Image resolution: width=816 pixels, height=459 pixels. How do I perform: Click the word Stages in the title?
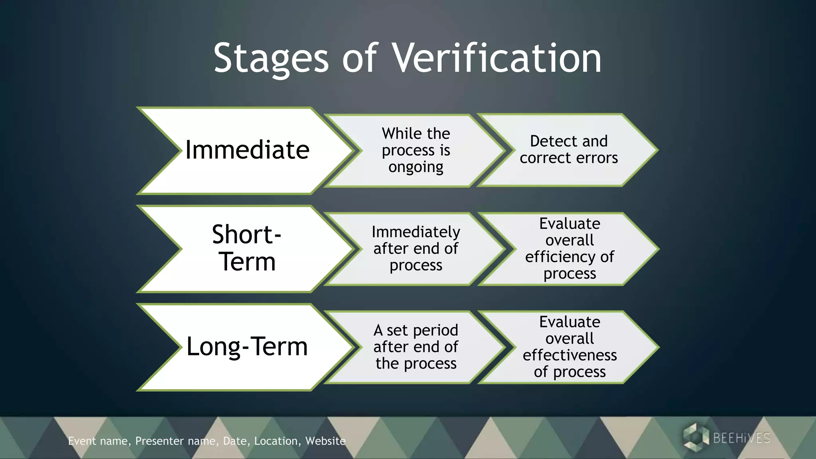[x=271, y=59]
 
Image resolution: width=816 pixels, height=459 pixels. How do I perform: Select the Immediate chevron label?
[x=247, y=150]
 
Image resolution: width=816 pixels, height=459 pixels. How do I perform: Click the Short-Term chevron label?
[x=247, y=248]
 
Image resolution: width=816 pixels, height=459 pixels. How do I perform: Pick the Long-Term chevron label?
[x=247, y=346]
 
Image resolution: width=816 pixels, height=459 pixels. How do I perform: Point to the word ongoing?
[x=416, y=167]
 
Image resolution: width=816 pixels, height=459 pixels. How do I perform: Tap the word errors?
[x=596, y=158]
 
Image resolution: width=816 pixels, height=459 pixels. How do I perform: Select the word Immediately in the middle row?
[x=416, y=232]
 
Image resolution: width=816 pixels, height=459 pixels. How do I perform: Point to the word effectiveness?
[x=570, y=355]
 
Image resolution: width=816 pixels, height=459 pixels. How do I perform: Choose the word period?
[x=435, y=331]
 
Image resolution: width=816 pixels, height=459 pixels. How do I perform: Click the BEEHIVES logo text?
[x=741, y=438]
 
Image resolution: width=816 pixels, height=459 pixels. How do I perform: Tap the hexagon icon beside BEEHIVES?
[x=696, y=437]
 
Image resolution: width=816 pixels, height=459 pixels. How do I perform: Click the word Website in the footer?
[x=325, y=441]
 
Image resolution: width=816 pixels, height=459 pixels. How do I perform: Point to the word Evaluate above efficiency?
[x=570, y=224]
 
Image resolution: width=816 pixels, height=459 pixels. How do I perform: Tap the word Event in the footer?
[x=82, y=441]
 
